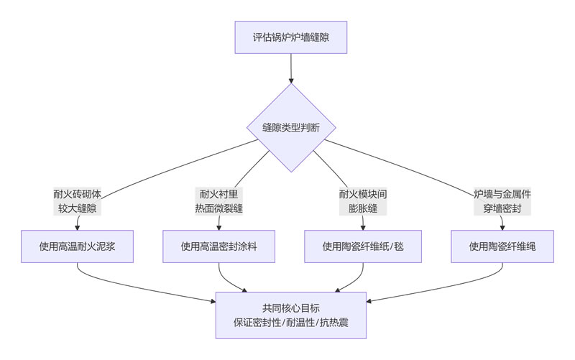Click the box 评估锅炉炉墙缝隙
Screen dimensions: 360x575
coord(290,37)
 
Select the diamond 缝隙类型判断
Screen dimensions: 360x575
coord(291,128)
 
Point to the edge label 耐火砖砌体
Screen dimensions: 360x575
coord(78,194)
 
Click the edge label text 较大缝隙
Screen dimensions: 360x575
coord(78,208)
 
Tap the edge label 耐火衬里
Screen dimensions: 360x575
coord(219,194)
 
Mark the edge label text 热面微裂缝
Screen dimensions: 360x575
coord(219,208)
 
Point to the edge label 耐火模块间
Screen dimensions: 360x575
coord(362,194)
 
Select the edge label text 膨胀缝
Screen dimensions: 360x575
coord(362,208)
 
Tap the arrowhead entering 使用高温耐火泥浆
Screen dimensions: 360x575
coord(78,226)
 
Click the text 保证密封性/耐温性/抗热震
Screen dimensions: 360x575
coord(290,323)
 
